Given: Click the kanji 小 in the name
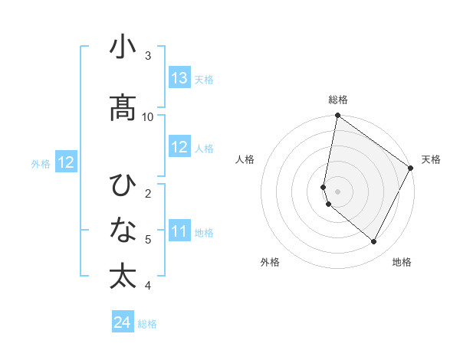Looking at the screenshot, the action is coord(122,47).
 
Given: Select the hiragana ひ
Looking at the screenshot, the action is coord(122,185).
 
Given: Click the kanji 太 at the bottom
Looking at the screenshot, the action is coord(122,277).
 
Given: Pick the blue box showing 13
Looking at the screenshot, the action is coord(179,78).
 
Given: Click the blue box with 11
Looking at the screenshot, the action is coord(179,231).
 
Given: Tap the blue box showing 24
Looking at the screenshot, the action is coord(123,323).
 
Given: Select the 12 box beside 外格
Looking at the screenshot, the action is coord(65,162).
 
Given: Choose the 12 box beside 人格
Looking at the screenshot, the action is coord(179,147).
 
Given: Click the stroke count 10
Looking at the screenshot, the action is coord(148,116).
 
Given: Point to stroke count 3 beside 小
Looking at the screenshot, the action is coord(148,56).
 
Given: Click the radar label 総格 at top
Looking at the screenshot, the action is coord(338,100).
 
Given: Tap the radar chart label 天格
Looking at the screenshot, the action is coord(431,159).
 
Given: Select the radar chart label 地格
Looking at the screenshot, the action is coord(402,262).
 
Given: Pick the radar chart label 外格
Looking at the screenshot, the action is coord(270,262).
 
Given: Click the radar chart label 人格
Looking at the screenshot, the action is coord(245,159).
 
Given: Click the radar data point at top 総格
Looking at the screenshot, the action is coord(337,116).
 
